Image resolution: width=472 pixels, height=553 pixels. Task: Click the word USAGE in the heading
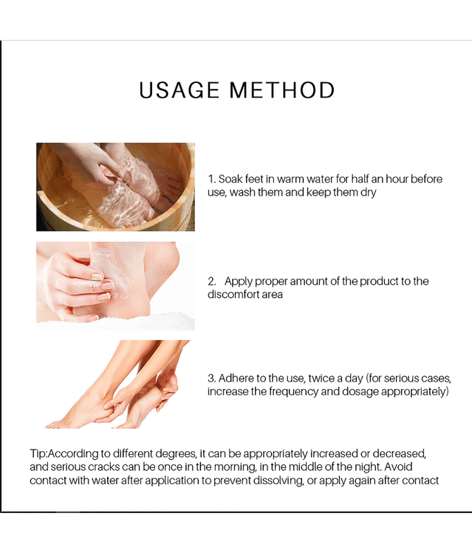(179, 90)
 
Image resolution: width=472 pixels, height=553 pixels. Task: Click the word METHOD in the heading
(282, 90)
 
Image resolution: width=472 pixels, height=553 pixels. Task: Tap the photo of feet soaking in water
(115, 187)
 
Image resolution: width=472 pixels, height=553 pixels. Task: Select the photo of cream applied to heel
(115, 286)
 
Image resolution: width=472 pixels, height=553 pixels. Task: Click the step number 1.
(211, 179)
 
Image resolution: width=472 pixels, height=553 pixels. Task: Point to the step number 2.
(211, 281)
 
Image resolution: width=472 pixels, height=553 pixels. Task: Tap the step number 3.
(211, 378)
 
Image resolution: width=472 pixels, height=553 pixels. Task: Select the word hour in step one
(397, 179)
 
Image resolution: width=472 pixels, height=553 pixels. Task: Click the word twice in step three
(320, 378)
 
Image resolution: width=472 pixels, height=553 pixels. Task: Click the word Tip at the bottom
(37, 453)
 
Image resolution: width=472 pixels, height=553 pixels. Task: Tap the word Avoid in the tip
(398, 467)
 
